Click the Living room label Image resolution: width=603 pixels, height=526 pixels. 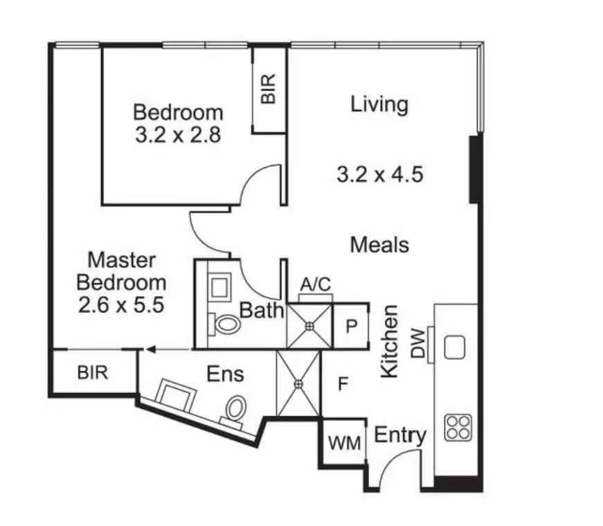click(379, 105)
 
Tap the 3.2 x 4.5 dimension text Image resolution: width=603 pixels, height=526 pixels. click(379, 174)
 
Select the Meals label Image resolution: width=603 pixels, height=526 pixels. click(379, 244)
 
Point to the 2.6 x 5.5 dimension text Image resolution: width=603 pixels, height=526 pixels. click(121, 305)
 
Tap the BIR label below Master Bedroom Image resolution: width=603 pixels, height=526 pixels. click(92, 373)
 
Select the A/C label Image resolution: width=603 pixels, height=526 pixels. click(315, 284)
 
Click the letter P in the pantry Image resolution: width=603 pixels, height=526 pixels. click(351, 326)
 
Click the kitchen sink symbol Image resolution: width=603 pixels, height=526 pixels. click(454, 347)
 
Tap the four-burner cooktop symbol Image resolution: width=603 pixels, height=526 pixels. click(458, 427)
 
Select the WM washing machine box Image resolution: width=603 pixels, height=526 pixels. click(344, 442)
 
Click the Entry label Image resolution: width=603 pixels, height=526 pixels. click(399, 435)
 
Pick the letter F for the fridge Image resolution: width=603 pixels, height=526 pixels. click(342, 383)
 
